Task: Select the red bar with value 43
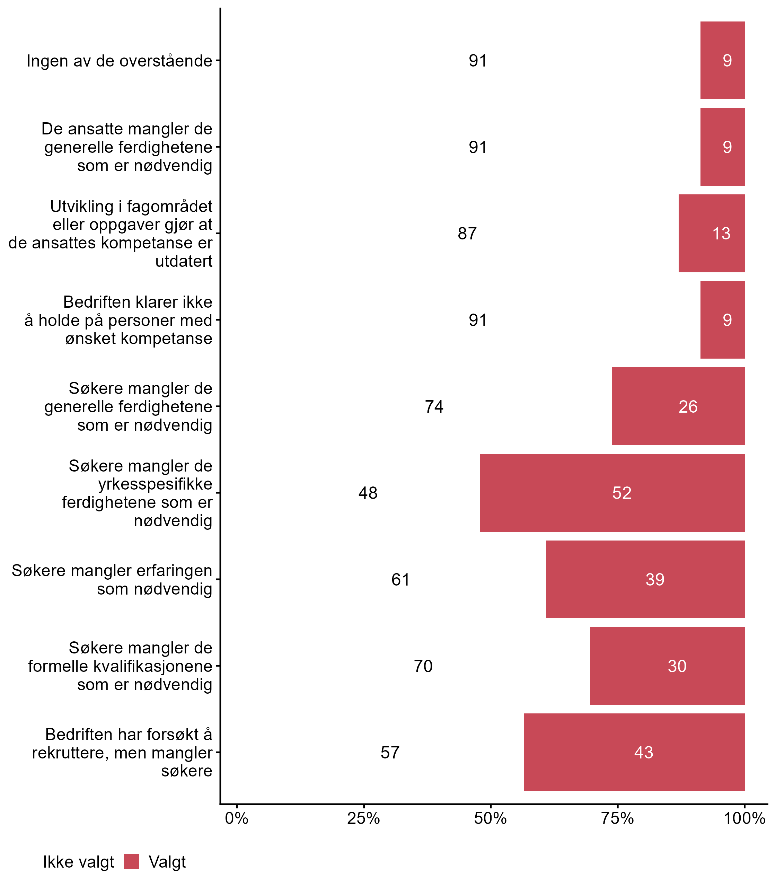[634, 752]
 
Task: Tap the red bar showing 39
[645, 579]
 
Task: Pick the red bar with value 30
[667, 666]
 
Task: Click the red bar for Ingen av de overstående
[722, 60]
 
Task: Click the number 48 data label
[368, 493]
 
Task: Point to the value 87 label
[467, 234]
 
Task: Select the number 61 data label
[400, 579]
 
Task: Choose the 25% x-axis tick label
[364, 818]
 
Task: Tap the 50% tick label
[491, 818]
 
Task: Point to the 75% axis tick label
[617, 818]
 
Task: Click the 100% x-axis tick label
[744, 818]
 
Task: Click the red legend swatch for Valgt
[131, 861]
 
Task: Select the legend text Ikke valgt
[78, 862]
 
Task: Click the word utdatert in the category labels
[184, 261]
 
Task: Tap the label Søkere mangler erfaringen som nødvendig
[112, 579]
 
